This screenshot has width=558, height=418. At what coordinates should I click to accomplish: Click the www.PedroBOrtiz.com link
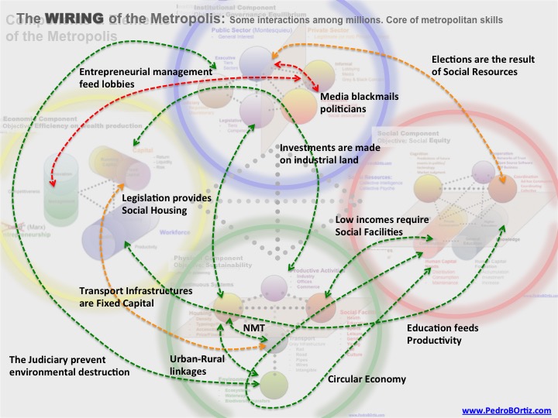(x=507, y=410)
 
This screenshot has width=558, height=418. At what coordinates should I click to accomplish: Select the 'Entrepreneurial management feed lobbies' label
(x=146, y=77)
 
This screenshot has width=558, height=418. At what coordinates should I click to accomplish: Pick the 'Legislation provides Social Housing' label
(x=167, y=204)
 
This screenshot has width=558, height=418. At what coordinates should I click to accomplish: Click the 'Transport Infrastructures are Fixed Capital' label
(x=136, y=297)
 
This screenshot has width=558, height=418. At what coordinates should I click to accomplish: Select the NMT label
(x=253, y=329)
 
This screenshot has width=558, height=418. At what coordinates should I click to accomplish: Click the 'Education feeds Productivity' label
(x=443, y=334)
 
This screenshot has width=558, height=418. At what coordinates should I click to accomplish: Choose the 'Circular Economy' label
(x=367, y=379)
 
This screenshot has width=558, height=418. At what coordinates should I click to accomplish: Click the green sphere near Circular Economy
(x=274, y=383)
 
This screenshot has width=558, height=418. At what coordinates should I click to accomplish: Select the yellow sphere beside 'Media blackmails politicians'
(x=298, y=101)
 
